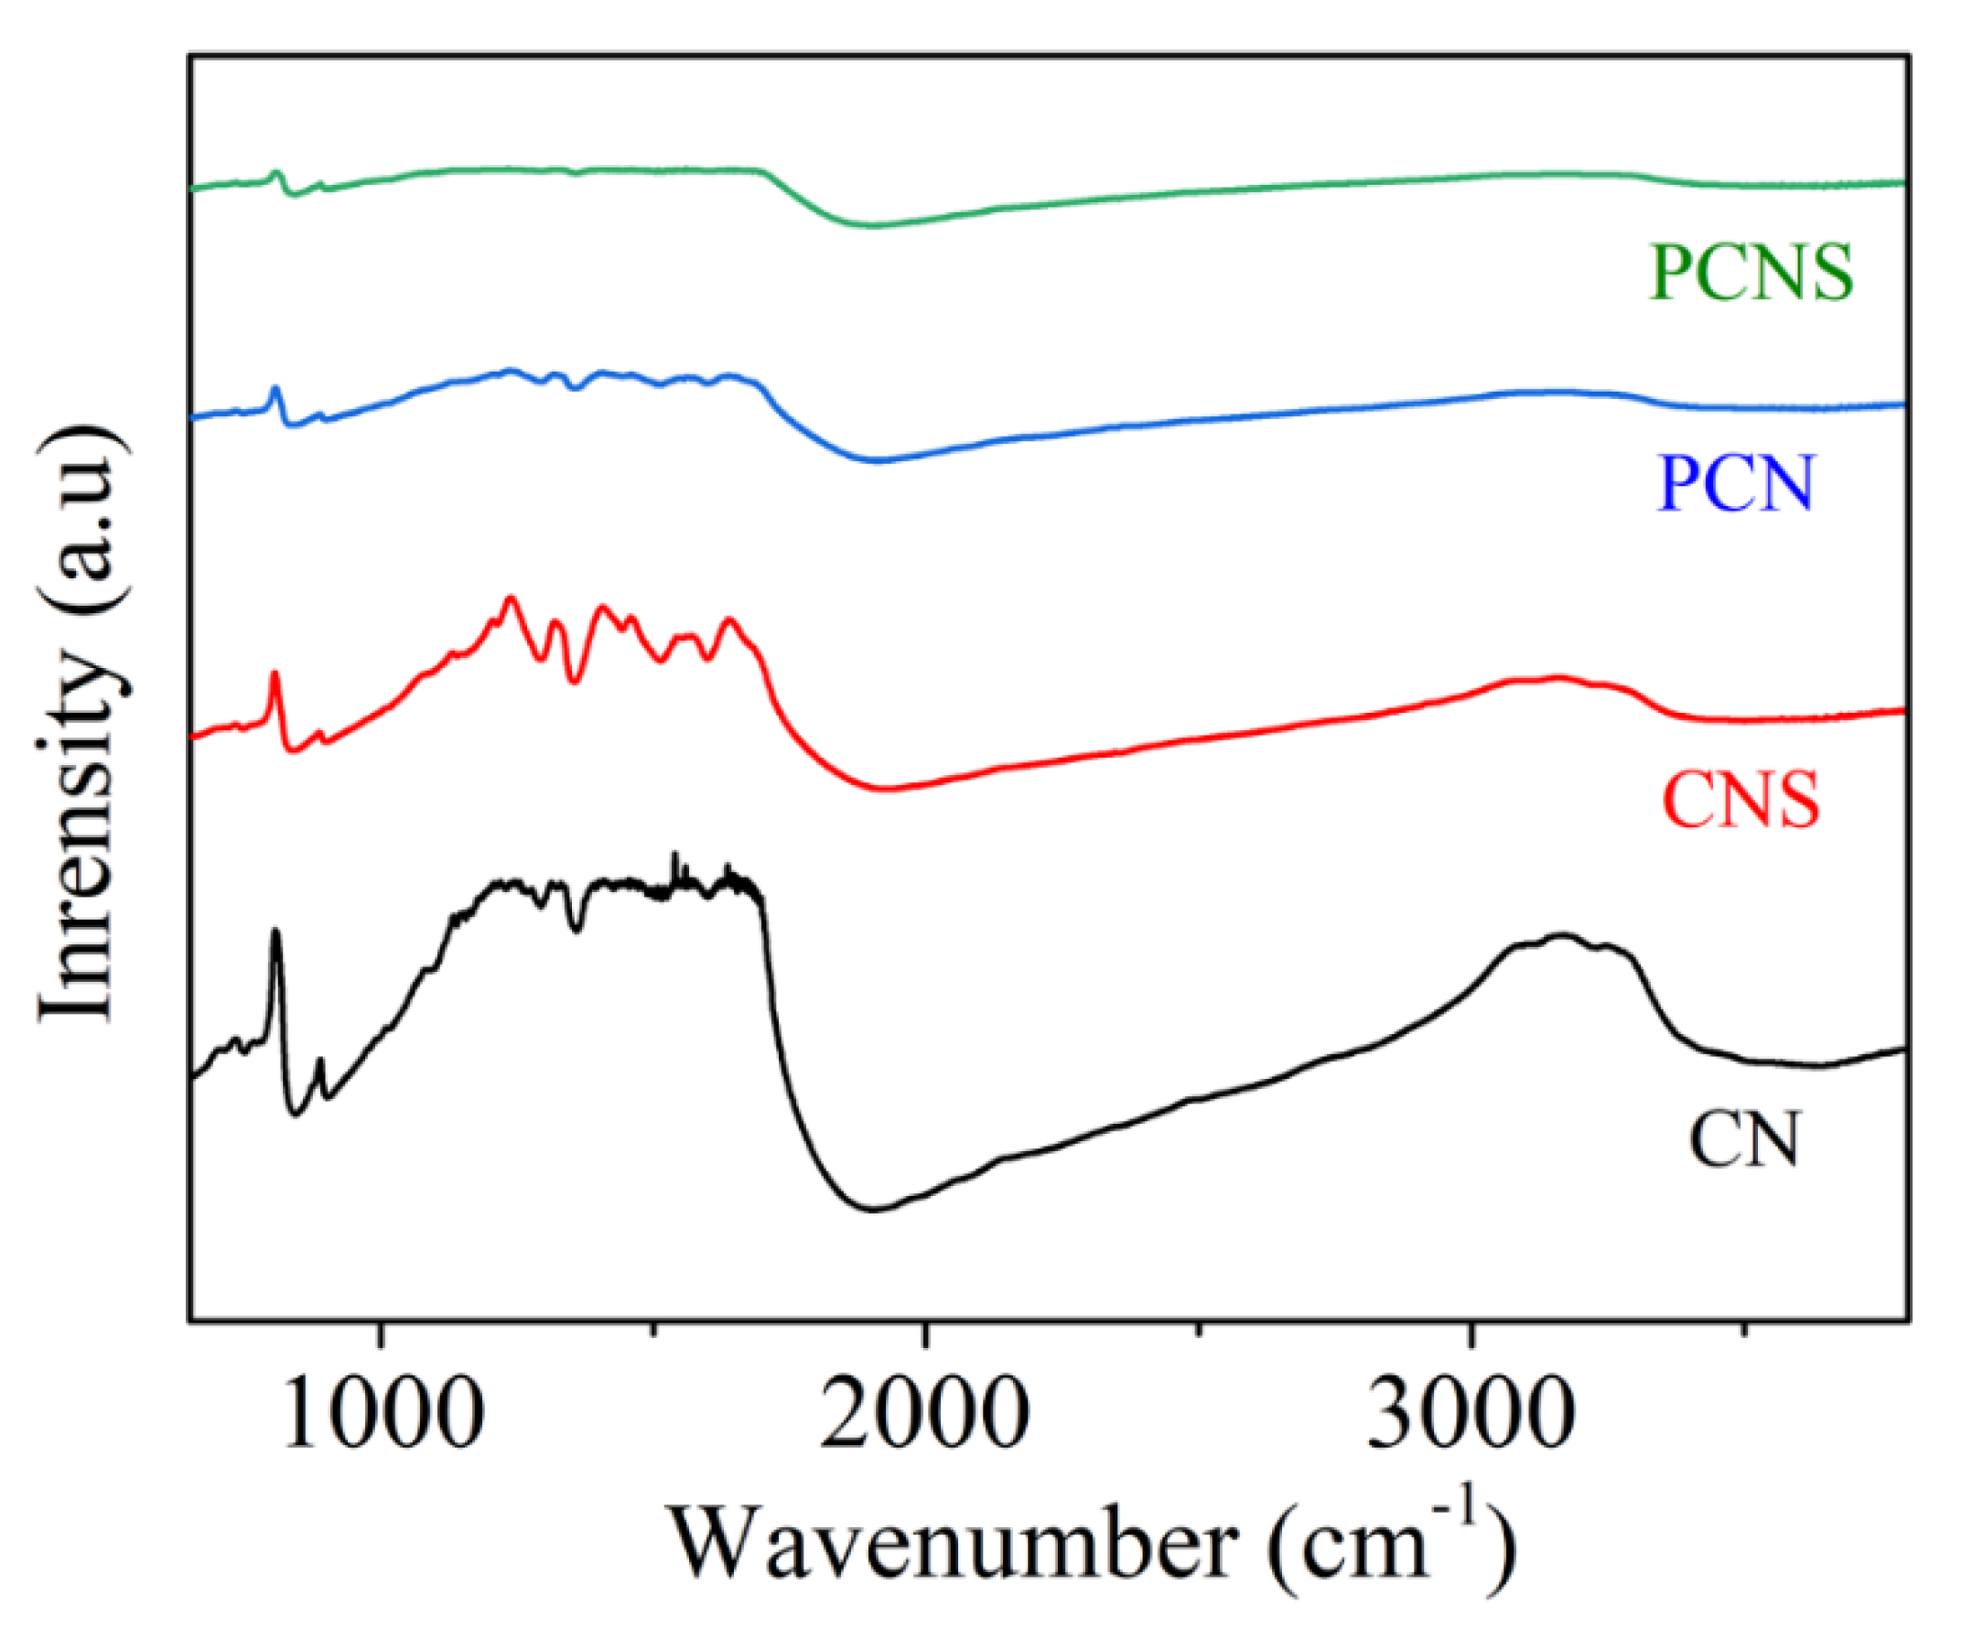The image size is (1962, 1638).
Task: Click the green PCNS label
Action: [x=1750, y=273]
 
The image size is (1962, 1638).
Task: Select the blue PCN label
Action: [x=1735, y=483]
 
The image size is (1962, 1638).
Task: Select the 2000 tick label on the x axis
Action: [x=925, y=1414]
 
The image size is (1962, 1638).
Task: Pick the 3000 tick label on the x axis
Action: [x=1471, y=1414]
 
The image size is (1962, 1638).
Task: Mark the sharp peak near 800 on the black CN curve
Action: [x=275, y=932]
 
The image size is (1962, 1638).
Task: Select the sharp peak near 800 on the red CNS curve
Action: [x=275, y=674]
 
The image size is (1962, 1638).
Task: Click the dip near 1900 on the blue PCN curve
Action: [x=877, y=459]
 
